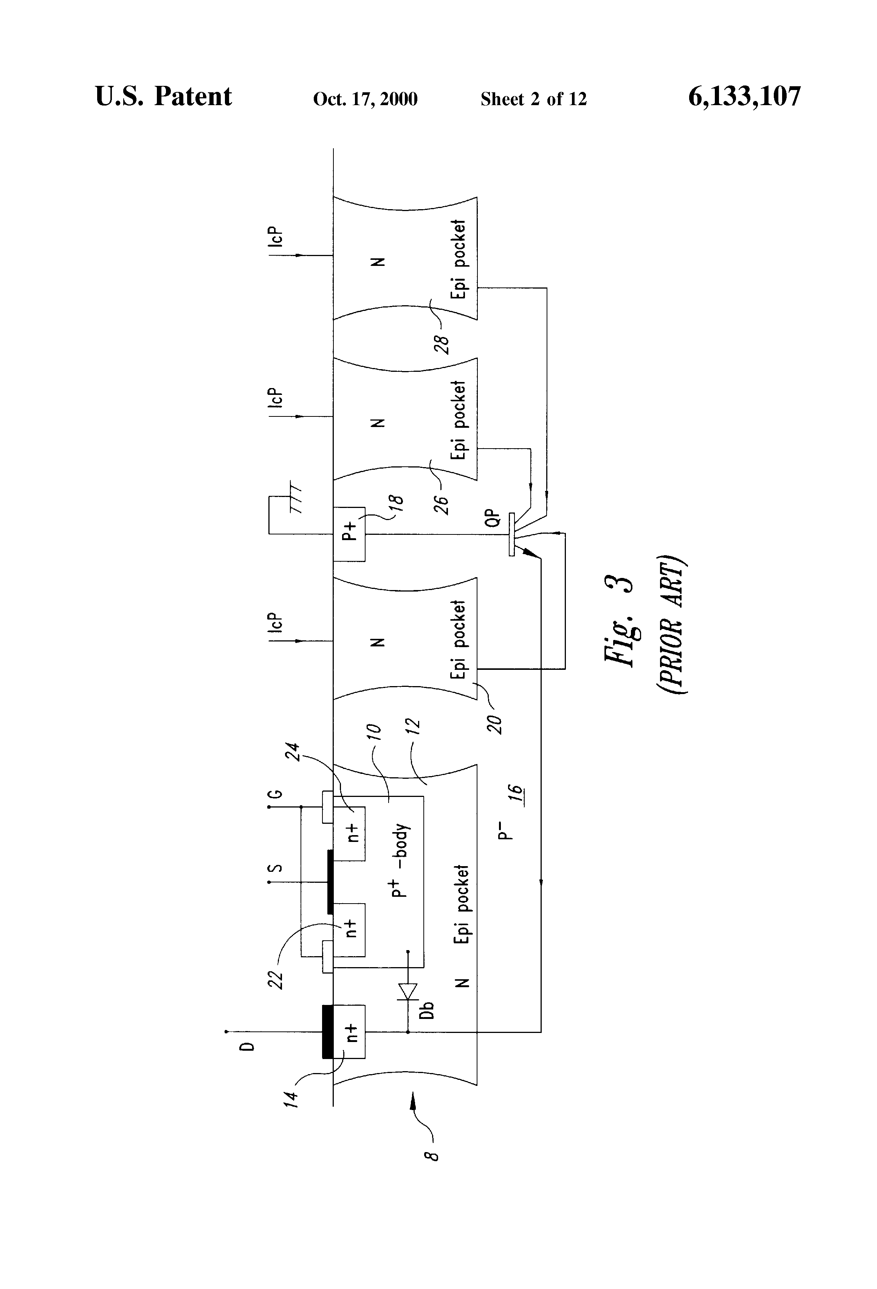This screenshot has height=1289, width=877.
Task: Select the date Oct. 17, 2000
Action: pos(365,99)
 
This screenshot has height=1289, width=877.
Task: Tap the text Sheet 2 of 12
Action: pos(533,99)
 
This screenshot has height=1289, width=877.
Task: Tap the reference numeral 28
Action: pos(442,344)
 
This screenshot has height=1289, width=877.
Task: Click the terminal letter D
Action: pos(249,1047)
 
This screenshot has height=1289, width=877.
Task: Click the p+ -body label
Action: pos(400,860)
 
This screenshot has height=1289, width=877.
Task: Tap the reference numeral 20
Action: pos(494,724)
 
